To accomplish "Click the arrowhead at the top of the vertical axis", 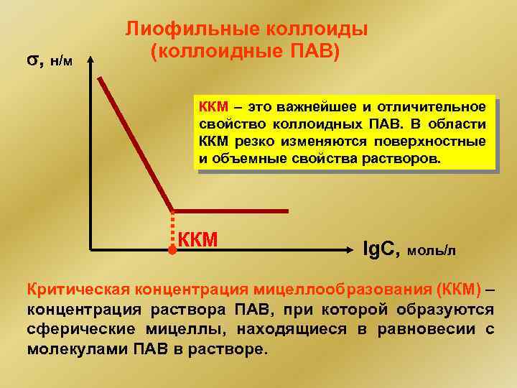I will [91, 63].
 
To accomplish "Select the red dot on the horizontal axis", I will [172, 250].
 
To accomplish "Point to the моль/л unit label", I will [431, 251].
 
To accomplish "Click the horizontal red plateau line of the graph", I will [230, 211].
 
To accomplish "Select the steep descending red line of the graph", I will [136, 144].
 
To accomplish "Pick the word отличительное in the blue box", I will [438, 108].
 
